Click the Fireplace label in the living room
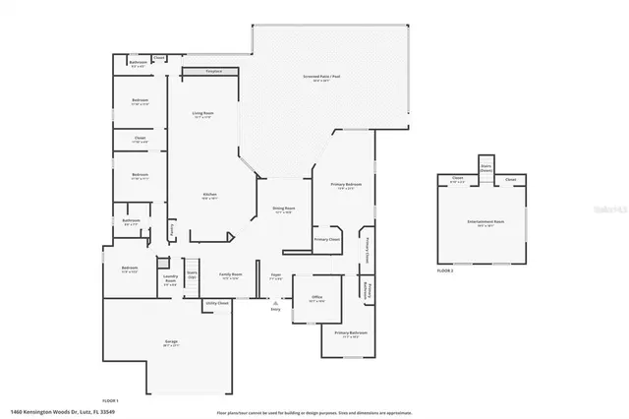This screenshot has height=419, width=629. [213, 71]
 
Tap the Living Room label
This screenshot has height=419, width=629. [203, 116]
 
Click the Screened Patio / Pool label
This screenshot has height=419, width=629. [321, 78]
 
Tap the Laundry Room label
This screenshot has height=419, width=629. [169, 280]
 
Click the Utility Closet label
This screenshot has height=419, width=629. [217, 304]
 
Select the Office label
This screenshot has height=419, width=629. [317, 297]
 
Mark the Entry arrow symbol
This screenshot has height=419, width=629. [274, 303]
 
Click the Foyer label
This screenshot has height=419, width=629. [277, 278]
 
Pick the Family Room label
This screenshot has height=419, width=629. [231, 276]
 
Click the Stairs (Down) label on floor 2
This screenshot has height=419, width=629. [486, 168]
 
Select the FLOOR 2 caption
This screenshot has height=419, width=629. [446, 270]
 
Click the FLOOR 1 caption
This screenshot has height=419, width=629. [110, 400]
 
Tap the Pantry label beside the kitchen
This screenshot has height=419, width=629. [172, 228]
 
